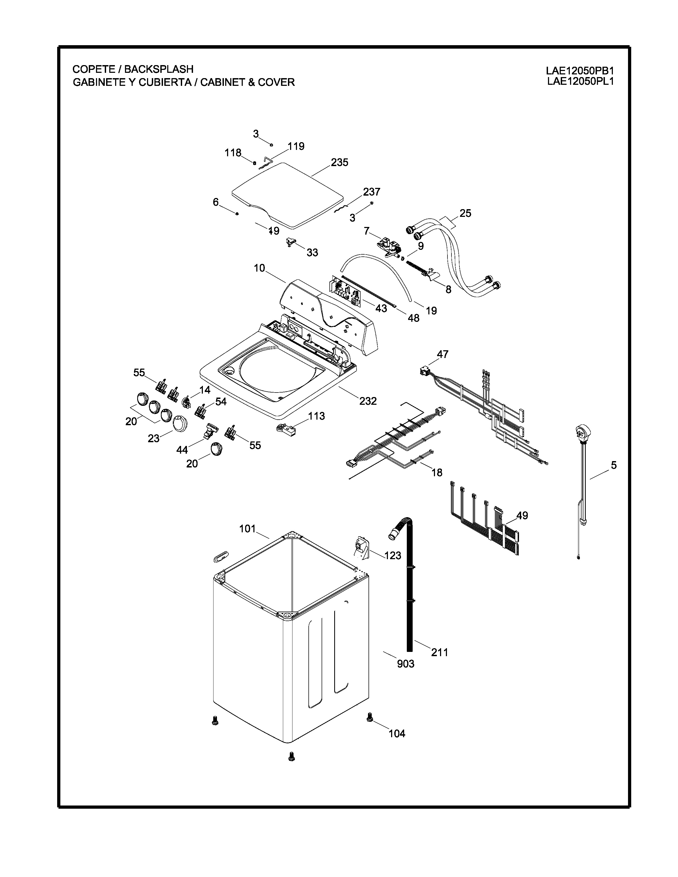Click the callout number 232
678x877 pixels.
[368, 401]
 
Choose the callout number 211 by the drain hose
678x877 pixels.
[440, 652]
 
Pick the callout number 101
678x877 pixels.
[248, 529]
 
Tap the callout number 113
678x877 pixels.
[316, 416]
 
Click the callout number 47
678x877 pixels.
[443, 354]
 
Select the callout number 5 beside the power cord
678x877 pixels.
[614, 465]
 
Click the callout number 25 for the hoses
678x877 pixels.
[465, 213]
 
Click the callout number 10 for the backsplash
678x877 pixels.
[260, 268]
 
